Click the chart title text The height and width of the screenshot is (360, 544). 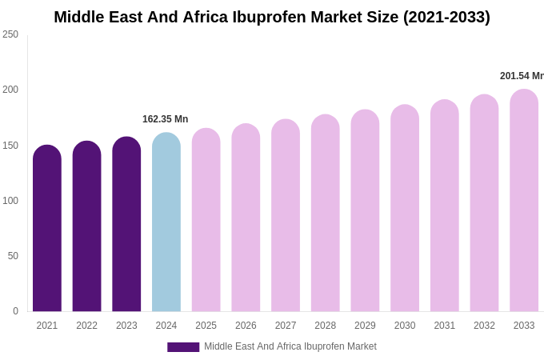(x=272, y=17)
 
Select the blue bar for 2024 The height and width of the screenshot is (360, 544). (x=166, y=224)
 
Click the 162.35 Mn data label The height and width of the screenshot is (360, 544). (x=166, y=119)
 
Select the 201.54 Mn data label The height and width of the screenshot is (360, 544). (x=522, y=76)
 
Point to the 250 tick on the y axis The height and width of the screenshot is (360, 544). (x=10, y=34)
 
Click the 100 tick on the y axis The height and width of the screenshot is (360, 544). (x=10, y=201)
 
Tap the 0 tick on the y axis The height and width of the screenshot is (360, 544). (x=15, y=311)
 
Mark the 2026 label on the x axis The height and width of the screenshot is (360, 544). (x=246, y=326)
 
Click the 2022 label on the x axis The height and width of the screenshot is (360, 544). (x=86, y=326)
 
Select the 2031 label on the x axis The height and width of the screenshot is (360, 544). (x=445, y=326)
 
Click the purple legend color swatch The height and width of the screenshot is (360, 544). (x=183, y=347)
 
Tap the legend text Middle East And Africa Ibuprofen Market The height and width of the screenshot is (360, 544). (x=290, y=346)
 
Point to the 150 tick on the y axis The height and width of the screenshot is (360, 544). (x=10, y=146)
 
